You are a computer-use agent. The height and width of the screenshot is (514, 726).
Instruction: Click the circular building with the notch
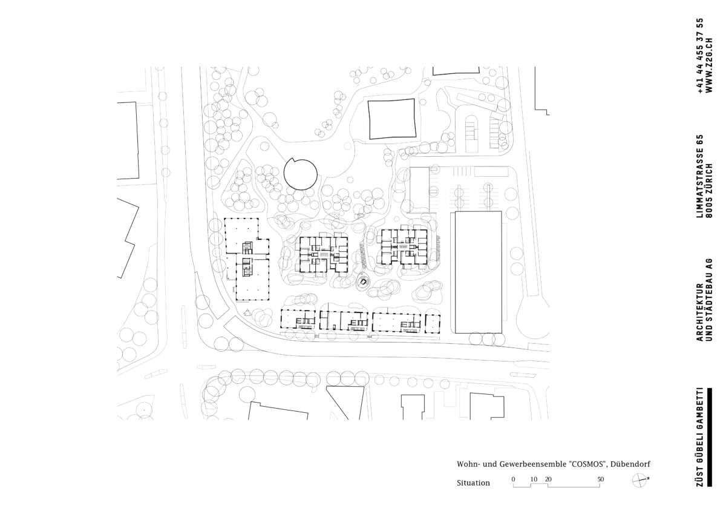tap(300, 174)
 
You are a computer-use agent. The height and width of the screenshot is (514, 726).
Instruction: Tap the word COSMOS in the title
tap(588, 464)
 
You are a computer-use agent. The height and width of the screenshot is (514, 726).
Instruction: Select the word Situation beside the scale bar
tap(473, 483)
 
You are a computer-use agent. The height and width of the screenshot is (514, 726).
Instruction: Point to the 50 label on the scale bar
tap(600, 479)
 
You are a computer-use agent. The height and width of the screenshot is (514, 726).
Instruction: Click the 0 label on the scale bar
tap(514, 479)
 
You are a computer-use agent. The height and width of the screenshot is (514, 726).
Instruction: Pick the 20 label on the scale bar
tap(548, 479)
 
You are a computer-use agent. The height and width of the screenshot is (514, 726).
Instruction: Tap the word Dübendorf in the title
tap(630, 464)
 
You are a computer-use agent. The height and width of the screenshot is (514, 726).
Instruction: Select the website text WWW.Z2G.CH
tap(709, 65)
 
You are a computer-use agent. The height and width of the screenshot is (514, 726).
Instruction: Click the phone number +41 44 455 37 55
tap(700, 56)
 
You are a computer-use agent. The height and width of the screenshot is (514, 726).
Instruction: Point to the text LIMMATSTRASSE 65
tap(700, 176)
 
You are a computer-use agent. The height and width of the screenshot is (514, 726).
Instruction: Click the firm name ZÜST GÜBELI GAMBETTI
tap(700, 437)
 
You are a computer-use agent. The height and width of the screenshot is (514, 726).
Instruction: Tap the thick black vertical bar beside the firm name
tap(710, 437)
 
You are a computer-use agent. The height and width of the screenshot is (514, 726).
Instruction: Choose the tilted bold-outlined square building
tap(392, 119)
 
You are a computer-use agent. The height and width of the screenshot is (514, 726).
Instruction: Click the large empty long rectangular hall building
tap(479, 272)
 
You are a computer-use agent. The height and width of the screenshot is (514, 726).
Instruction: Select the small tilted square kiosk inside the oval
tap(364, 282)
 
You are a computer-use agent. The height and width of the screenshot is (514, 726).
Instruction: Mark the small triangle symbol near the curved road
tap(247, 312)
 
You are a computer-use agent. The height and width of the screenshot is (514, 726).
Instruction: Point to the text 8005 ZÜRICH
tap(709, 190)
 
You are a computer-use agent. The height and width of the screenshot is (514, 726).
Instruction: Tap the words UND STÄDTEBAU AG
tap(709, 300)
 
